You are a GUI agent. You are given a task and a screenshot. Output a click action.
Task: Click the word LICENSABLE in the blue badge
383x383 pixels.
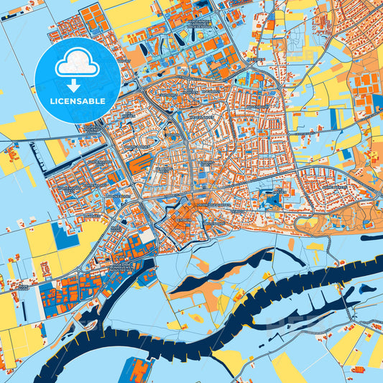pyautogui.click(x=78, y=101)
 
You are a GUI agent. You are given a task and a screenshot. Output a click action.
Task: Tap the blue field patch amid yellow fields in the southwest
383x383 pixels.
pyautogui.click(x=65, y=235)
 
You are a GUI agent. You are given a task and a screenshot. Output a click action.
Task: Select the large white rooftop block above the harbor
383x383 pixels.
pyautogui.click(x=145, y=236)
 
